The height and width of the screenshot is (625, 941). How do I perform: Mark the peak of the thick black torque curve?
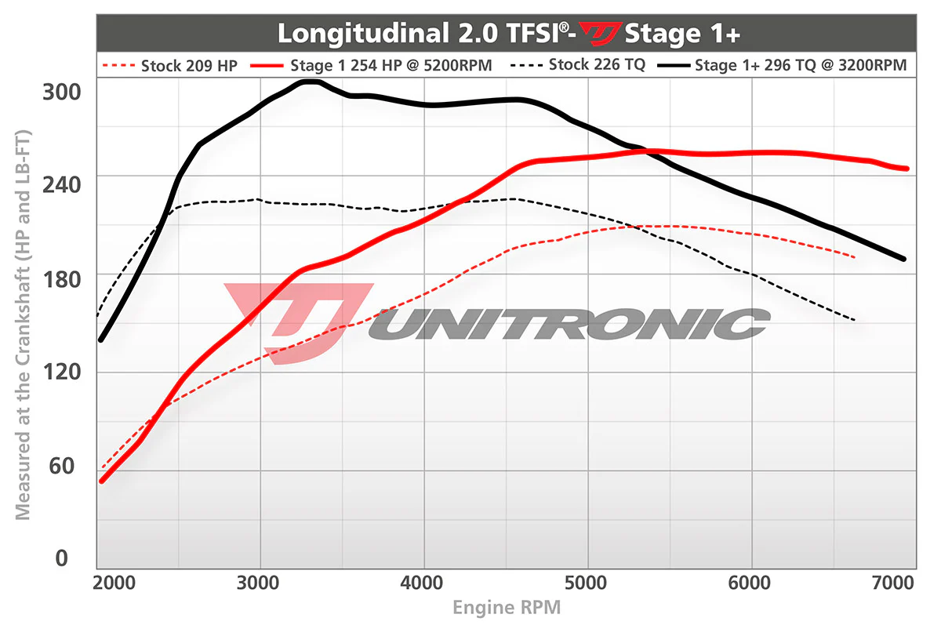tap(310, 81)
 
